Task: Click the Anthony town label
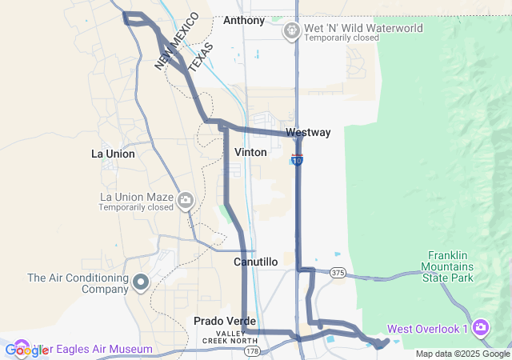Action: tap(244, 20)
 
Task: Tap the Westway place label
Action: tap(307, 132)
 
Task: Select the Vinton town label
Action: tap(250, 151)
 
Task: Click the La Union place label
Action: tap(113, 153)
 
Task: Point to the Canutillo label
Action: tap(255, 262)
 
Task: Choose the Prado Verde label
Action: tap(218, 321)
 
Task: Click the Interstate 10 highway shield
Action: tap(298, 161)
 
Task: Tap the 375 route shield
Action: tap(338, 273)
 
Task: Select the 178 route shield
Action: tap(252, 350)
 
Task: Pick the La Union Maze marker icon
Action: tap(186, 200)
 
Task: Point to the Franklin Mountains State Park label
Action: tap(449, 266)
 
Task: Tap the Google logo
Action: tap(26, 350)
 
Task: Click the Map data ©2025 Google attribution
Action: tap(462, 354)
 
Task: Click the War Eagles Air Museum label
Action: tap(100, 349)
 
